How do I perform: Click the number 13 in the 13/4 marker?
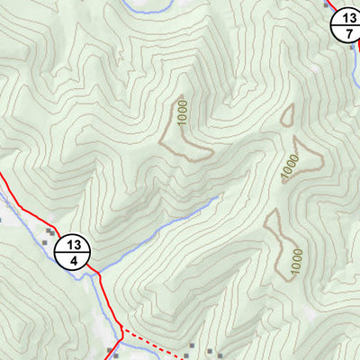coord(75,244)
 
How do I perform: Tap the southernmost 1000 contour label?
coord(296,260)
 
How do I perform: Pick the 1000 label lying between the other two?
coord(288,166)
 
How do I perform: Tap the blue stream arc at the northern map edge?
coord(144,8)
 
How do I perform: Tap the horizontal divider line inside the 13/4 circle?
coord(75,252)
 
